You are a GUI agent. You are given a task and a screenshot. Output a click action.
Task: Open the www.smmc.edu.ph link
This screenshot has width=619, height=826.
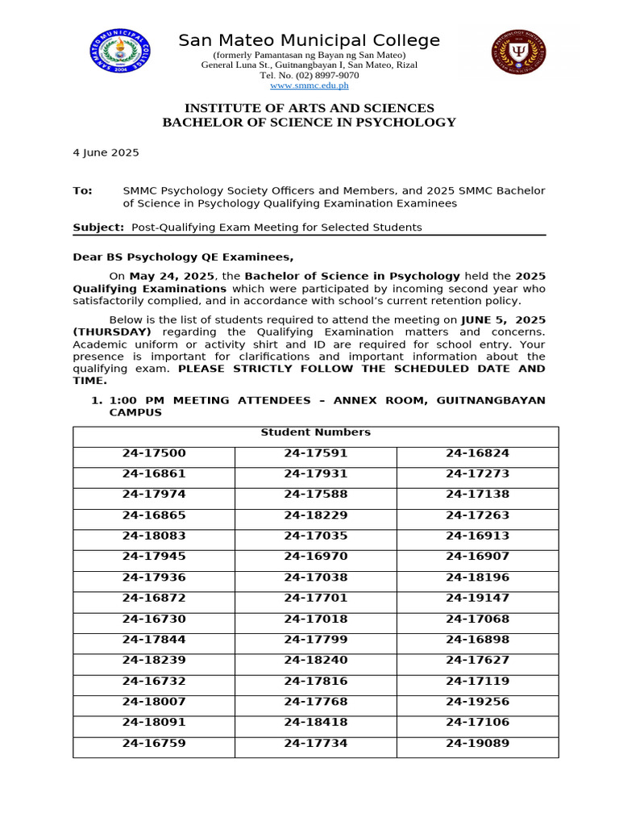pos(309,86)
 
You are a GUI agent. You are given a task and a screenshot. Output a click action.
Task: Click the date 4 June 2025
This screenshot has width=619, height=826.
pos(106,152)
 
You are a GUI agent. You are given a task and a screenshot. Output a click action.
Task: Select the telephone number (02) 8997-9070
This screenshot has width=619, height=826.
pos(309,75)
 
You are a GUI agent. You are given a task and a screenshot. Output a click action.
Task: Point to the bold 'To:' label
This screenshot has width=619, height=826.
pos(83,191)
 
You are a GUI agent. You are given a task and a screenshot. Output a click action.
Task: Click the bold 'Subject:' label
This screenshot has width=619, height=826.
pos(98,227)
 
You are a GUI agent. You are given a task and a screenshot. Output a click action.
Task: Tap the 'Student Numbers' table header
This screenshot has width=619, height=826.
pos(315,432)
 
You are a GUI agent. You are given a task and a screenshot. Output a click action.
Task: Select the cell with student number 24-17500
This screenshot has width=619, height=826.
pos(154,453)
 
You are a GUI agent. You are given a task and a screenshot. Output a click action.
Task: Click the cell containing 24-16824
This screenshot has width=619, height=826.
pos(477,453)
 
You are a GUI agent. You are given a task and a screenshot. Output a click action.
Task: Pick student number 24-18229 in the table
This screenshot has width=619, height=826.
pos(315,515)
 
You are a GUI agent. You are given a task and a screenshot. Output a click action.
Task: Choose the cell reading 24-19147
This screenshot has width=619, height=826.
pos(477,599)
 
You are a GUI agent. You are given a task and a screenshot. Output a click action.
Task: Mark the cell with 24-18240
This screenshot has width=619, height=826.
pos(315,661)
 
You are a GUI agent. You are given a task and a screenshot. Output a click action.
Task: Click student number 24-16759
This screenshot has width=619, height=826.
pos(154,744)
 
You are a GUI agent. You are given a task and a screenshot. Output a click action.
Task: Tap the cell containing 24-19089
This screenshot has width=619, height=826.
pos(477,744)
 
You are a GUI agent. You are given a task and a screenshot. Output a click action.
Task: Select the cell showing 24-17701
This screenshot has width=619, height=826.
pos(315,599)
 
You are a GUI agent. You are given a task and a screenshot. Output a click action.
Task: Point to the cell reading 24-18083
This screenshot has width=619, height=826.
pos(154,536)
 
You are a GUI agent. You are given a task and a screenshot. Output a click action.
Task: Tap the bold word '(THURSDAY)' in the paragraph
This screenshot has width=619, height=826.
pos(111,332)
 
